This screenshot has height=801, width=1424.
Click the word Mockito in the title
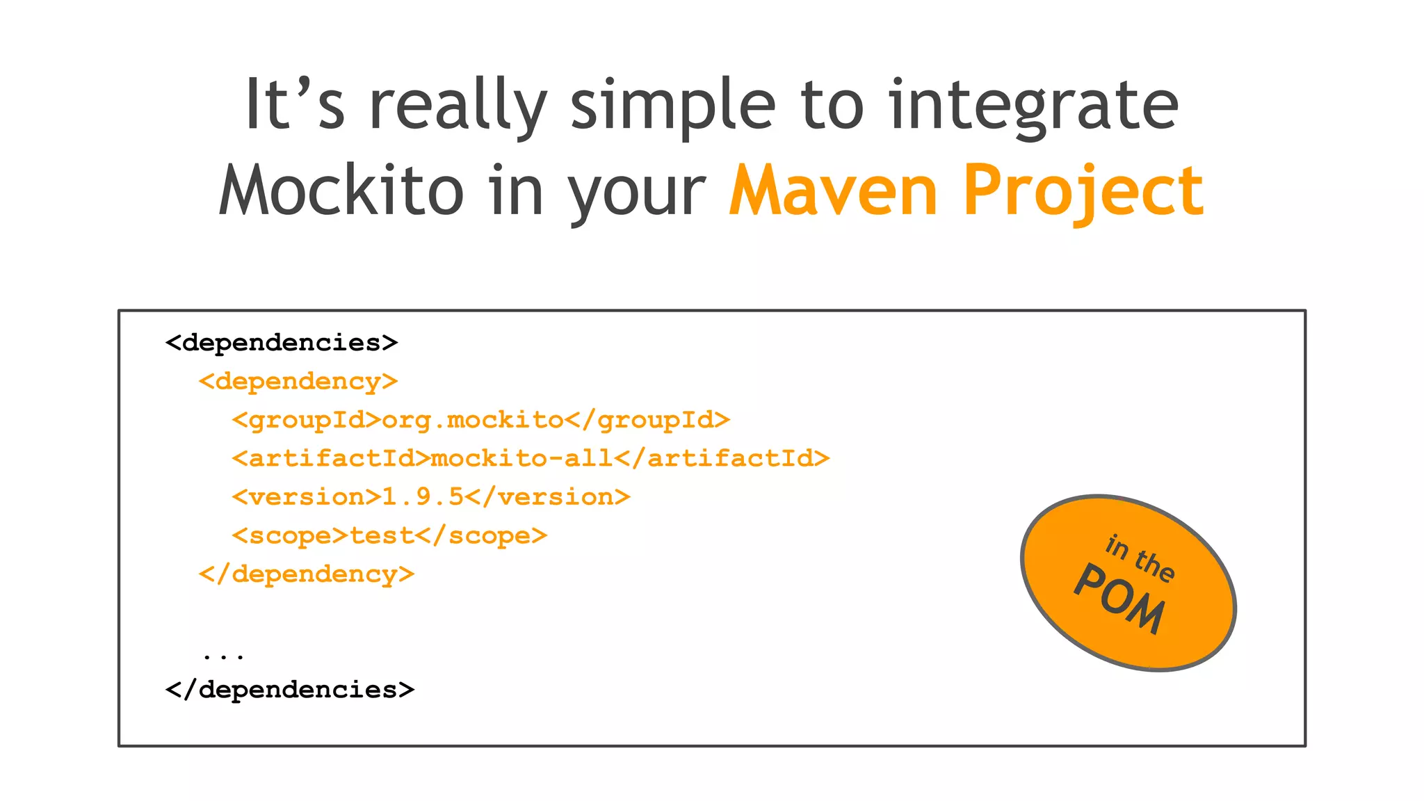click(x=341, y=190)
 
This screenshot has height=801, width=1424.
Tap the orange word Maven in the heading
click(x=833, y=190)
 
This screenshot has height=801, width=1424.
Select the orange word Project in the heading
click(x=1083, y=190)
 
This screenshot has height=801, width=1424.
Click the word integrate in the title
click(x=1033, y=106)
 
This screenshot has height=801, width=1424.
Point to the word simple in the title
click(x=672, y=106)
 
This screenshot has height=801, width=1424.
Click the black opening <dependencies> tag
click(x=282, y=343)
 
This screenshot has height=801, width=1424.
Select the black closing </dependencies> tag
click(x=290, y=690)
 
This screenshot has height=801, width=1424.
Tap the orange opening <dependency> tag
click(x=298, y=382)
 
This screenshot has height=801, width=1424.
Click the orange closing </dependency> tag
click(x=307, y=574)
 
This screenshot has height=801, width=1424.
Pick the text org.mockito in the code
click(x=473, y=420)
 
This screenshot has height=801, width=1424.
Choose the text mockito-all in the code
click(x=521, y=458)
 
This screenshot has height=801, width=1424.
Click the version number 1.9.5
click(x=423, y=497)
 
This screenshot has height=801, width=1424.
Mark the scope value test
click(x=382, y=535)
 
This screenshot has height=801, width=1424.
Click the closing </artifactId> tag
click(x=722, y=458)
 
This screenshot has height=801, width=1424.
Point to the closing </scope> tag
click(x=481, y=535)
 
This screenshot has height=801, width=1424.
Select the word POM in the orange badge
click(x=1119, y=599)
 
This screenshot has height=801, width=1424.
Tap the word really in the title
click(x=458, y=106)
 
